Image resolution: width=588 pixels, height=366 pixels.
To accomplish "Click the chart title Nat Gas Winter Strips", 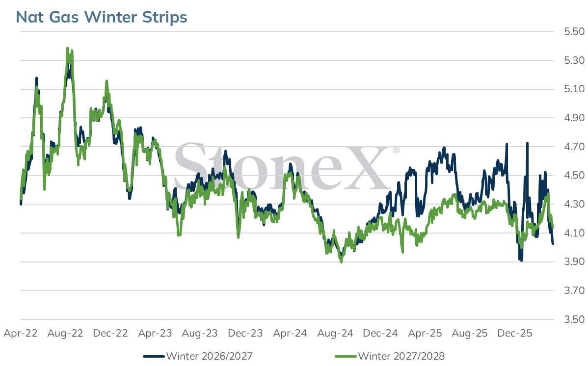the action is point(101,17).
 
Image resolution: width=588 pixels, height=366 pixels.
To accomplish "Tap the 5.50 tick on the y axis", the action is point(574,31).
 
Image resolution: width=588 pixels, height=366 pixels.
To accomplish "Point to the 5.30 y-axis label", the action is point(574,60).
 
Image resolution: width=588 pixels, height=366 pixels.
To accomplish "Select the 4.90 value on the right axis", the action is point(574,118).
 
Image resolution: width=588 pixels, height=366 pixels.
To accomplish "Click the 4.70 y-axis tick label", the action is point(574,147).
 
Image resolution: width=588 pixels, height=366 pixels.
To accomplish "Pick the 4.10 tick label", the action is point(574,233).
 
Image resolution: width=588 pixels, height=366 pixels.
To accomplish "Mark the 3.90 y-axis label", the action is point(574,261).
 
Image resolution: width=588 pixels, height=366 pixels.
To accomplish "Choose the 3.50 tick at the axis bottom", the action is point(574,319).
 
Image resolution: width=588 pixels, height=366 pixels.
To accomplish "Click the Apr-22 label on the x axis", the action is point(21,333).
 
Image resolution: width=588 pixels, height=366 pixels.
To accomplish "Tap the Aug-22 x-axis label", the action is point(65,333).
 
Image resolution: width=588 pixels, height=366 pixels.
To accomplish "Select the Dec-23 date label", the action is point(245,333).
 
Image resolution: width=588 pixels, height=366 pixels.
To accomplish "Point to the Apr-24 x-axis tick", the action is point(290,333).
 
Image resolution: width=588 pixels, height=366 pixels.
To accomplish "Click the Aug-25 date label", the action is point(470,333).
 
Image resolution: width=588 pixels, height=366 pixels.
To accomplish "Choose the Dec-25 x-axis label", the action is point(515,333).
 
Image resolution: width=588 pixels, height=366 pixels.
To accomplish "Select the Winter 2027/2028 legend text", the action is point(401,356).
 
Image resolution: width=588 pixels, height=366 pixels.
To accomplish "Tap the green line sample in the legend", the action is point(346,356).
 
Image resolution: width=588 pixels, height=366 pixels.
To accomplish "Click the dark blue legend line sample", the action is point(154,356).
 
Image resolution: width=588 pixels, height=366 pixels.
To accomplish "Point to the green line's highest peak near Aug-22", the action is point(68,49).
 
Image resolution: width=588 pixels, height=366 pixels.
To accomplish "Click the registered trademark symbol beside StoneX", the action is point(396,150).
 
